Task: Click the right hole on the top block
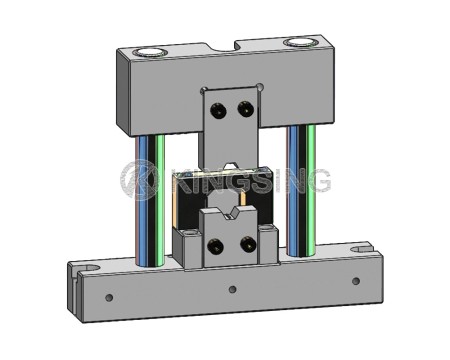[x=299, y=43]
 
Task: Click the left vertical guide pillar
[x=148, y=200]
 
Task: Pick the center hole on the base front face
[x=233, y=289]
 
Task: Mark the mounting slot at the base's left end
[x=84, y=269]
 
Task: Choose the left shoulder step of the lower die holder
[x=187, y=235]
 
